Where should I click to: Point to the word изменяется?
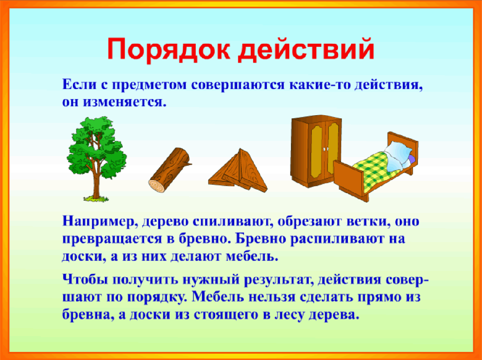[125, 102]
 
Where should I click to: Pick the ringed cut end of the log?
[157, 184]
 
